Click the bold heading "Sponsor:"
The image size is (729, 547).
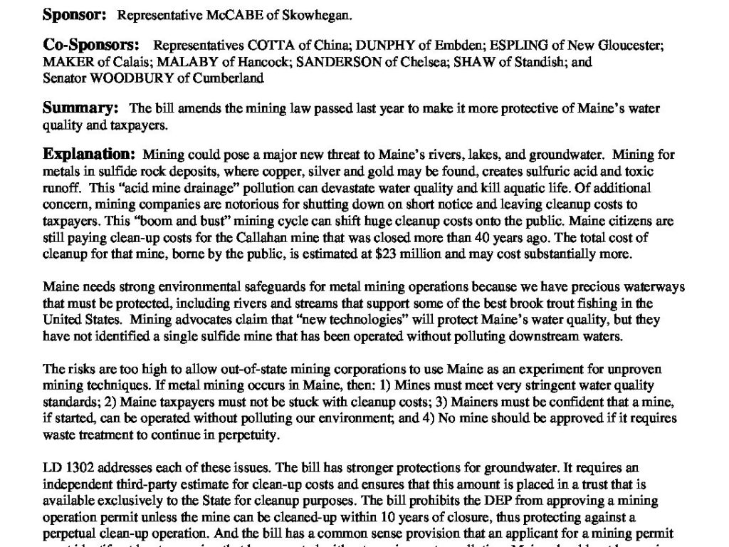[75, 14]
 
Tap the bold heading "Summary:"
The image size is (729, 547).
[80, 109]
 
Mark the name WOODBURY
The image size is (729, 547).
[124, 78]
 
